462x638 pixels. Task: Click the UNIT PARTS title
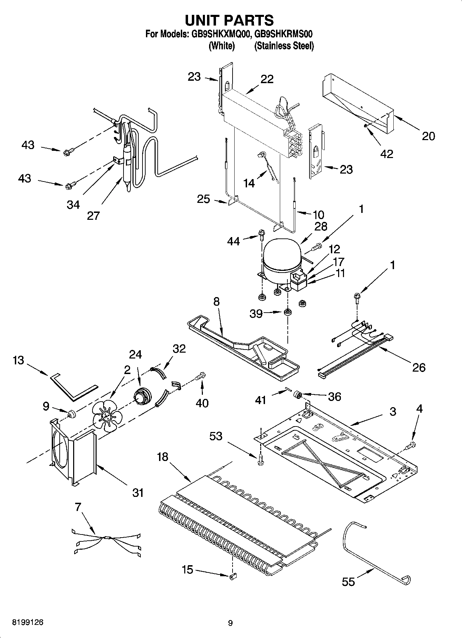pyautogui.click(x=229, y=21)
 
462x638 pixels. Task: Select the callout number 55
pyautogui.click(x=348, y=582)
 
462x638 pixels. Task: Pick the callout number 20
pyautogui.click(x=428, y=136)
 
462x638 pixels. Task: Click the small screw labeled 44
pyautogui.click(x=261, y=235)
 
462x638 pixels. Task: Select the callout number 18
pyautogui.click(x=163, y=457)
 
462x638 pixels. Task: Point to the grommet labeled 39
pyautogui.click(x=287, y=312)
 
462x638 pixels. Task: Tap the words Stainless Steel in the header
pyautogui.click(x=284, y=46)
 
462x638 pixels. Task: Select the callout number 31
pyautogui.click(x=138, y=493)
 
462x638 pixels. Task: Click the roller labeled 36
pyautogui.click(x=297, y=394)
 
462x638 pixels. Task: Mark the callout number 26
pyautogui.click(x=419, y=367)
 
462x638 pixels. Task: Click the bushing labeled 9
pyautogui.click(x=72, y=413)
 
